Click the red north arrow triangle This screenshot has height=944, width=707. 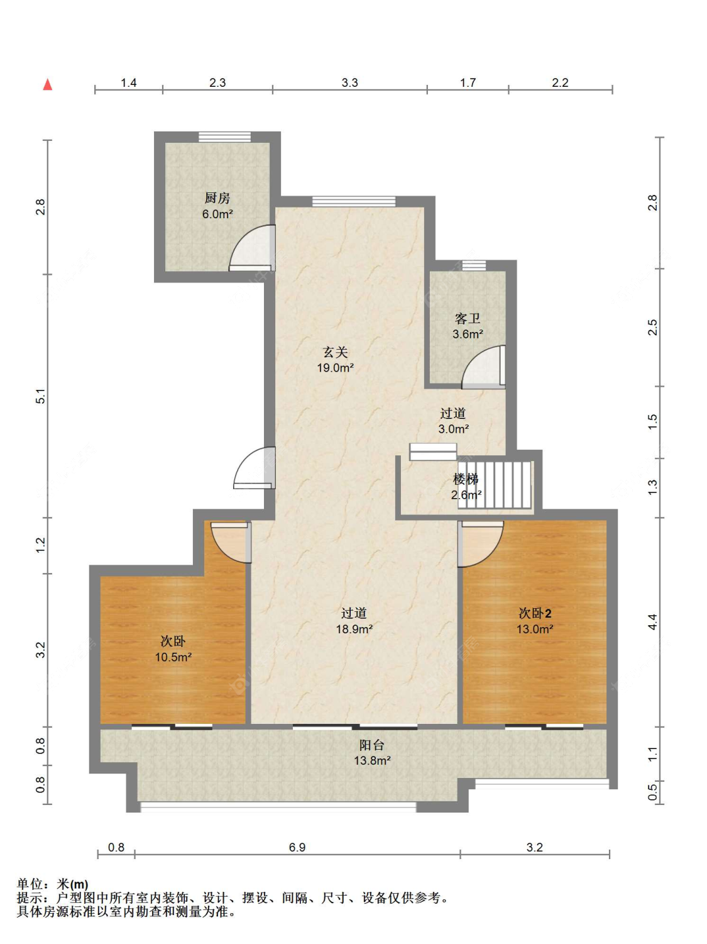pyautogui.click(x=48, y=85)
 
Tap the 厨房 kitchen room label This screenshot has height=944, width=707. pyautogui.click(x=217, y=198)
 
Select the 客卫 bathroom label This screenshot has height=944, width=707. pyautogui.click(x=468, y=319)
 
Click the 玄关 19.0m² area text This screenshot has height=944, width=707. pyautogui.click(x=335, y=368)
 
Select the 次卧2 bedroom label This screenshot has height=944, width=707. pyautogui.click(x=535, y=613)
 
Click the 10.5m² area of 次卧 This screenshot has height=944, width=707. pyautogui.click(x=173, y=657)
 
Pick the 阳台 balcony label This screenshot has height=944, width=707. pyautogui.click(x=372, y=745)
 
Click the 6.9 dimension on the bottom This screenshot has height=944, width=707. pyautogui.click(x=297, y=847)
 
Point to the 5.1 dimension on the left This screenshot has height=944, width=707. pyautogui.click(x=40, y=396)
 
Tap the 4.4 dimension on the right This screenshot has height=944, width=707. pyautogui.click(x=652, y=622)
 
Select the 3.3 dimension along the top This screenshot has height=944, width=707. pyautogui.click(x=350, y=82)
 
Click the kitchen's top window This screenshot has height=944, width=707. pyautogui.click(x=224, y=137)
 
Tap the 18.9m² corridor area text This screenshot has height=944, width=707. pyautogui.click(x=354, y=629)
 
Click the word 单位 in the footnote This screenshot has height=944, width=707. pyautogui.click(x=30, y=884)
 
